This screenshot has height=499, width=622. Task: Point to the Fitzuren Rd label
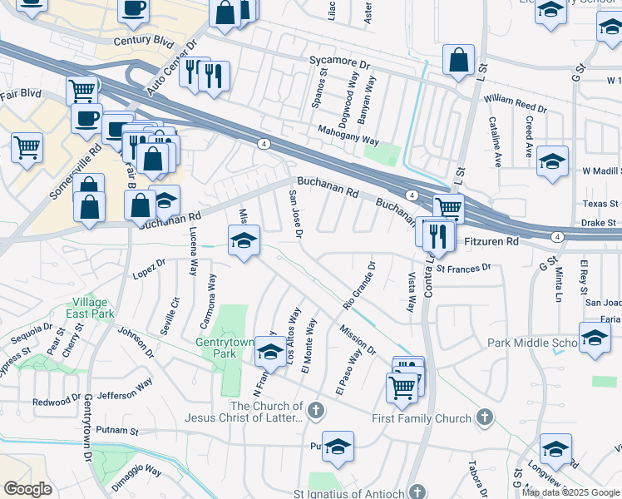[490, 241]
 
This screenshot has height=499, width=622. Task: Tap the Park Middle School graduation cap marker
[595, 338]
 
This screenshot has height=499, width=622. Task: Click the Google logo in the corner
[27, 488]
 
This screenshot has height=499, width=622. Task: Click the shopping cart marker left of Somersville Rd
[27, 147]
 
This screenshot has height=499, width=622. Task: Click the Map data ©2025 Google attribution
[571, 492]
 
